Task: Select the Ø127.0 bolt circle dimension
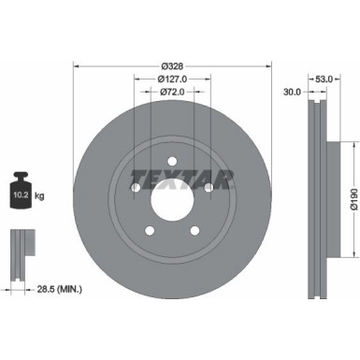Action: coord(171,79)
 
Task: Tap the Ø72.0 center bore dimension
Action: coord(171,94)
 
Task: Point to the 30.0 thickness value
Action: coord(293,92)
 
